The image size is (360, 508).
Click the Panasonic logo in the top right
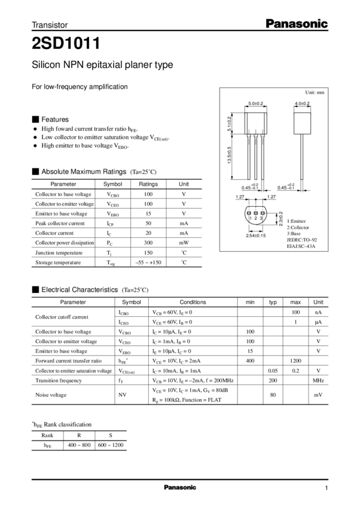click(297, 24)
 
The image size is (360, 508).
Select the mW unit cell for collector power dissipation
click(184, 243)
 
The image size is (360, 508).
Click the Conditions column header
click(193, 302)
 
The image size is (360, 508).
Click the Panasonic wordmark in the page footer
click(180, 488)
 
